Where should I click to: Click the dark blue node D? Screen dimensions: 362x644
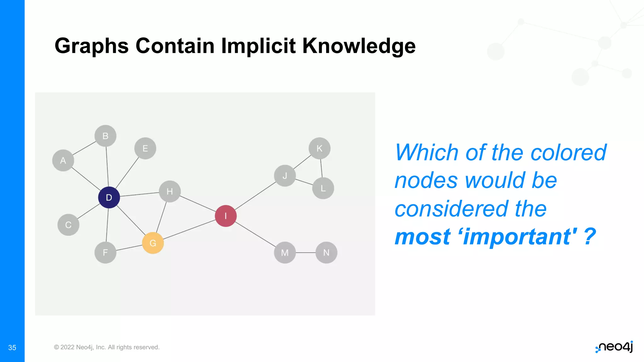click(x=109, y=197)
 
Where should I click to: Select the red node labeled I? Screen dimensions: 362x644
click(x=225, y=216)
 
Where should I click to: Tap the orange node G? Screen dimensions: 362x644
click(x=153, y=243)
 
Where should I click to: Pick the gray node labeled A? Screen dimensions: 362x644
click(x=63, y=161)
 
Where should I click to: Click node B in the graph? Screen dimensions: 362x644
click(x=105, y=136)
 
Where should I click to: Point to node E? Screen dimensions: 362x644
click(x=145, y=148)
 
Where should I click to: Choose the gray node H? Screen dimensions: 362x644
click(x=169, y=191)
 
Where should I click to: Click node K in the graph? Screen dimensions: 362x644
click(x=319, y=148)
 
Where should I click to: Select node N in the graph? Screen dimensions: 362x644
click(x=326, y=253)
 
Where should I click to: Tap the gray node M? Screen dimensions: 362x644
click(x=285, y=253)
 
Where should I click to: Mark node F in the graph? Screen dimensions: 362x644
click(x=105, y=252)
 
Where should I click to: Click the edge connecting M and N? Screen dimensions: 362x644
click(x=306, y=253)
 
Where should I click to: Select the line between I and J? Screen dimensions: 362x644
click(x=255, y=196)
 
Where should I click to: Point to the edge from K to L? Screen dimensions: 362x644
click(x=321, y=168)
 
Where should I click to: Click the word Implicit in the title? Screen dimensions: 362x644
click(x=258, y=46)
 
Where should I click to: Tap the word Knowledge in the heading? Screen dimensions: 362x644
click(x=359, y=46)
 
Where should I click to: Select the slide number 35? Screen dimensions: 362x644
click(x=12, y=348)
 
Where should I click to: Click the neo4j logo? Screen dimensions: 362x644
click(x=614, y=347)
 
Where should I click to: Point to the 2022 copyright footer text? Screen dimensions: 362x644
click(x=107, y=347)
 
